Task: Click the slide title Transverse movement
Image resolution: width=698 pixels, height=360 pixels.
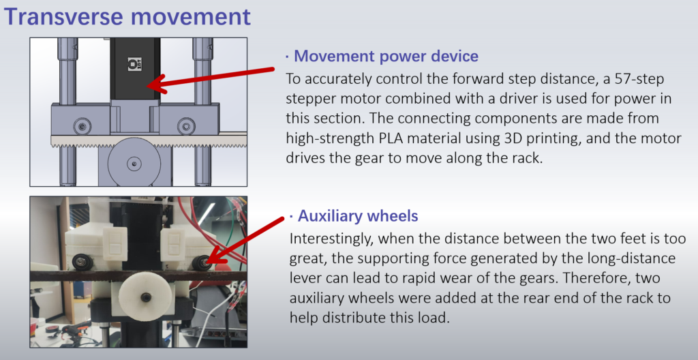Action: click(127, 16)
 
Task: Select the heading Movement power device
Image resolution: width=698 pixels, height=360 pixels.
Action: click(386, 56)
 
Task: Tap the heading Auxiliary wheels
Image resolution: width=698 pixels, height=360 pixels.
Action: click(358, 215)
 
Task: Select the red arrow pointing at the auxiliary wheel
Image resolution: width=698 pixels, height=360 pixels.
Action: click(244, 240)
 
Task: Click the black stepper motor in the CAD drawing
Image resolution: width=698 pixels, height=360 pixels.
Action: click(136, 69)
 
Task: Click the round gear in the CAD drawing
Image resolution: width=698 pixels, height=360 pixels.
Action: click(134, 162)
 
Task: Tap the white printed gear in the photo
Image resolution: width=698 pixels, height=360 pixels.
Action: click(145, 296)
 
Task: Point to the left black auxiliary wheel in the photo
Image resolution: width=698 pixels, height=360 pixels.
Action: click(82, 262)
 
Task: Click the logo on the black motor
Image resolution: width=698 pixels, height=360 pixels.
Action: click(134, 63)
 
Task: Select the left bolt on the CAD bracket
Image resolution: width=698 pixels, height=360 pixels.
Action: click(82, 125)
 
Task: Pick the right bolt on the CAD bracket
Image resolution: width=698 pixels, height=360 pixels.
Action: click(185, 125)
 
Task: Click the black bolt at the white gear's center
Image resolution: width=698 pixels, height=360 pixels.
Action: click(146, 297)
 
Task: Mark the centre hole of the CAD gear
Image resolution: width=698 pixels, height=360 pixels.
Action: click(134, 163)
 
